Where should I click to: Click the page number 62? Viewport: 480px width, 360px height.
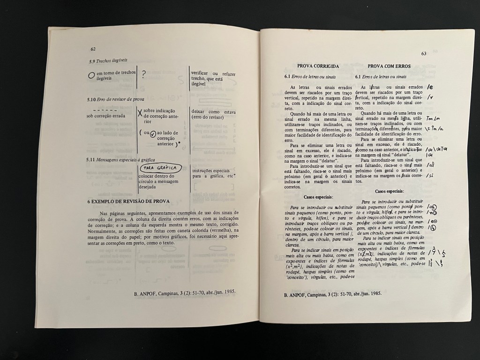pos(93,49)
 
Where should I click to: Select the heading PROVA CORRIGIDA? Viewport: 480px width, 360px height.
pos(318,67)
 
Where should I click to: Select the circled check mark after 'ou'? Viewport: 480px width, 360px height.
pos(153,133)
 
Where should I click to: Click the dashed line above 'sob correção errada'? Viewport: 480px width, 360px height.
pos(99,110)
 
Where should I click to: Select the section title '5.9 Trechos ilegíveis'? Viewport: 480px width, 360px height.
pos(108,60)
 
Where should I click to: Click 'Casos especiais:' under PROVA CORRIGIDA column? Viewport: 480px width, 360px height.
pos(318,197)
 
